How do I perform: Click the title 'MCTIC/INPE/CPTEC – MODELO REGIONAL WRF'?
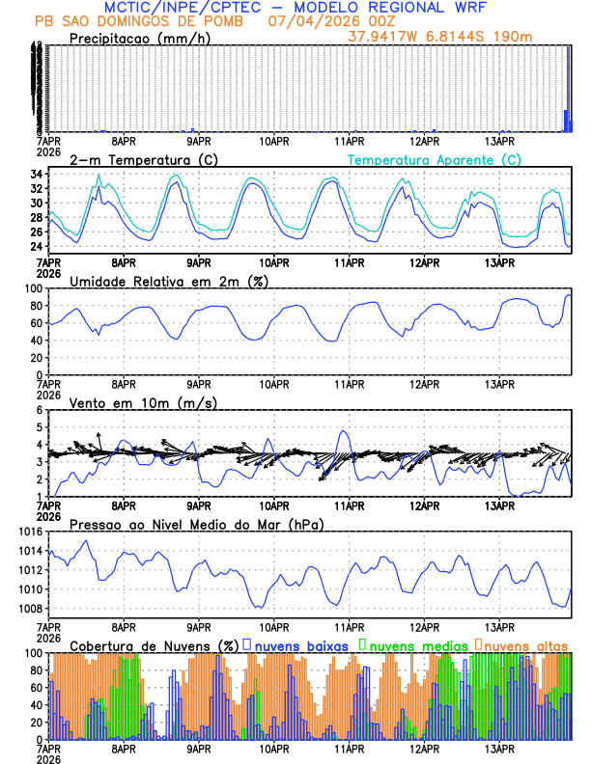pyautogui.click(x=295, y=8)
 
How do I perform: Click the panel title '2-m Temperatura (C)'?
pyautogui.click(x=135, y=159)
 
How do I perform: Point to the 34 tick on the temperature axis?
pyautogui.click(x=36, y=175)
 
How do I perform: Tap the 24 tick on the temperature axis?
pyautogui.click(x=36, y=247)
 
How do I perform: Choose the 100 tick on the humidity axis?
pyautogui.click(x=33, y=288)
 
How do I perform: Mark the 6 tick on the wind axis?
pyautogui.click(x=40, y=410)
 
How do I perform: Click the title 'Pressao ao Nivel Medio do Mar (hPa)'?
pyautogui.click(x=196, y=524)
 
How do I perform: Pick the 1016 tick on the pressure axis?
pyautogui.click(x=29, y=532)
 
